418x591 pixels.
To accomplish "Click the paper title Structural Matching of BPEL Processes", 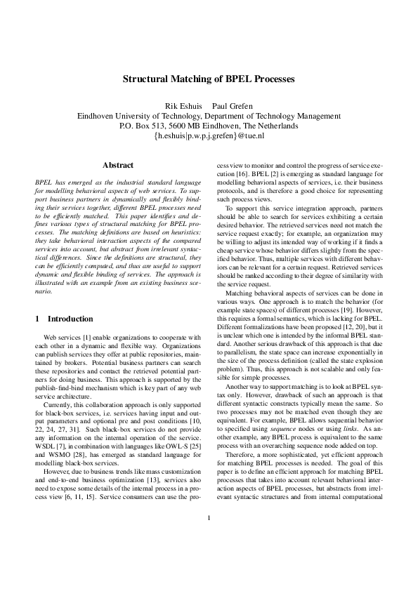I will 209,80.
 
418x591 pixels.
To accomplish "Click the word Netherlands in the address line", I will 275,126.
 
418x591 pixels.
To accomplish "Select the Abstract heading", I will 118,165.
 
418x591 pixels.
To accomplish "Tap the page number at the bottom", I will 209,558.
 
